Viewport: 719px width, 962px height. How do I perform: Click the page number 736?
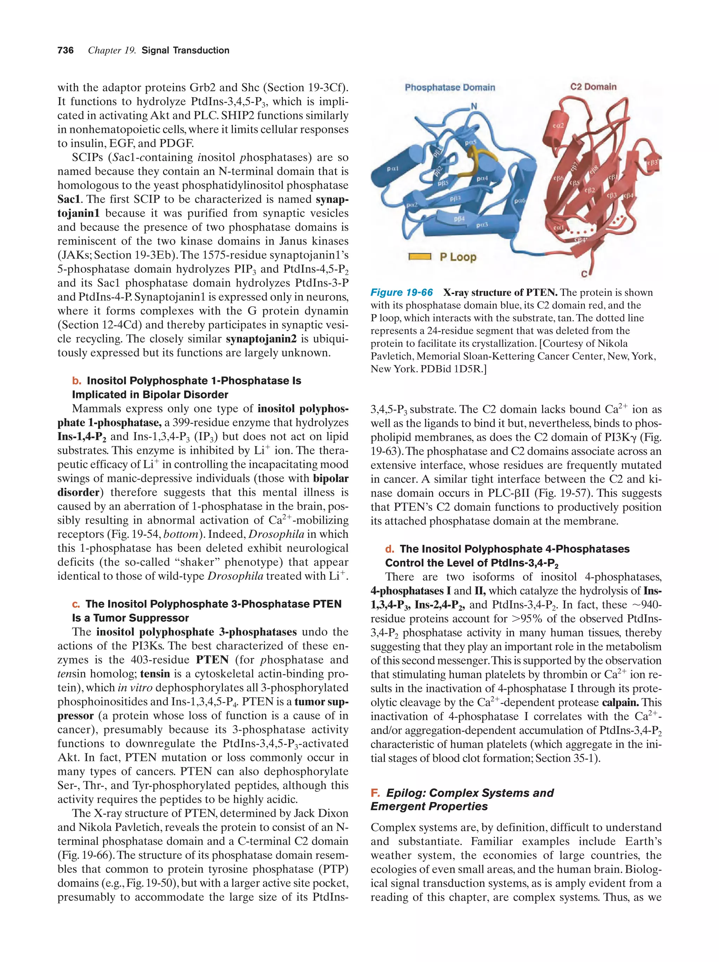[65, 51]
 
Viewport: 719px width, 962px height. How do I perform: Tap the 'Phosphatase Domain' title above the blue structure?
[449, 87]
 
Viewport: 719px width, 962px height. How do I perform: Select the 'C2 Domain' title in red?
[593, 87]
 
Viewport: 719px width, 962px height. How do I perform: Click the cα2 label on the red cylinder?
[558, 125]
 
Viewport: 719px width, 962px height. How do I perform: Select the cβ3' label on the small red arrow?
[652, 162]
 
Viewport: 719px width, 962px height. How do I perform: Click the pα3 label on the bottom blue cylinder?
[482, 225]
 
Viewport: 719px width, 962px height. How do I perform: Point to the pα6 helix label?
[519, 201]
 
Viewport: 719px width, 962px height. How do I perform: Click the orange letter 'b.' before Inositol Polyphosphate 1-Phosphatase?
[77, 381]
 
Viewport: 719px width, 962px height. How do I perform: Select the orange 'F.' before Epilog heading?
[375, 793]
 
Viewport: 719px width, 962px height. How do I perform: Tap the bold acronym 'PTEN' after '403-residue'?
[212, 660]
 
